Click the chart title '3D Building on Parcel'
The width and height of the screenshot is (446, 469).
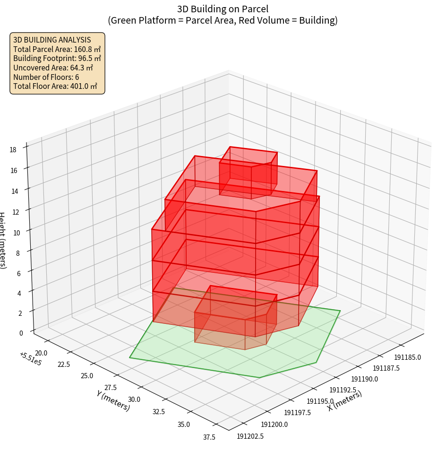pyautogui.click(x=223, y=9)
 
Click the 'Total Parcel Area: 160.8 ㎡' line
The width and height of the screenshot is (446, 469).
pyautogui.click(x=57, y=49)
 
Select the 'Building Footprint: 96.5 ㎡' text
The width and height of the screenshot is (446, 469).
pyautogui.click(x=57, y=58)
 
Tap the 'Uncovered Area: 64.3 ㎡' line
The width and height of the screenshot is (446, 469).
pyautogui.click(x=53, y=68)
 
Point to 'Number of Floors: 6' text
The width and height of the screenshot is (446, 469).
pyautogui.click(x=46, y=77)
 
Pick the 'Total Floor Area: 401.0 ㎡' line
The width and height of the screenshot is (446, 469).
pyautogui.click(x=55, y=86)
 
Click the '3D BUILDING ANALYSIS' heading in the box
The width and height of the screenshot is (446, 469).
pyautogui.click(x=52, y=40)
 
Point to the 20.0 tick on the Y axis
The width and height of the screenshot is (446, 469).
pyautogui.click(x=41, y=353)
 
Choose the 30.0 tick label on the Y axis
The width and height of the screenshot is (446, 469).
pyautogui.click(x=134, y=400)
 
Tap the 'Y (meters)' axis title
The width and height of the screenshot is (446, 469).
pyautogui.click(x=113, y=400)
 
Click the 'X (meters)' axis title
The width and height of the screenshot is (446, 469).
pyautogui.click(x=344, y=401)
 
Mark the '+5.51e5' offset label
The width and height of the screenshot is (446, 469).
pyautogui.click(x=30, y=359)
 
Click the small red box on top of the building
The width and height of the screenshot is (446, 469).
pyautogui.click(x=248, y=173)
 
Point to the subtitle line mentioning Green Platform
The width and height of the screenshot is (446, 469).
pyautogui.click(x=223, y=20)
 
